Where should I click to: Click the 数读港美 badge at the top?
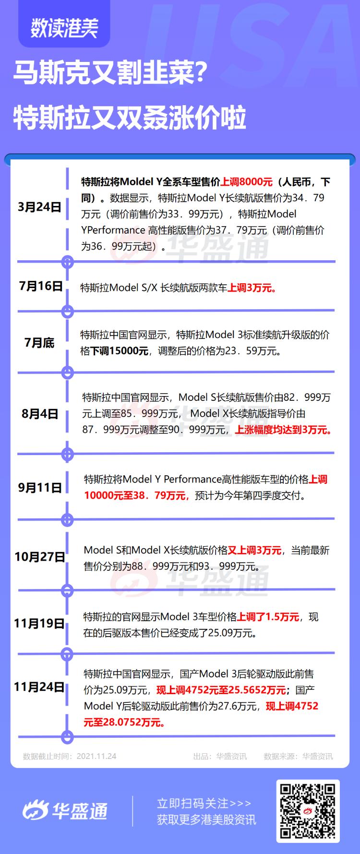64,27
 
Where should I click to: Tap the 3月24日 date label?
39,207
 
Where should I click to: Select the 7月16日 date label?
41,286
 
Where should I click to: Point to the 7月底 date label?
39,343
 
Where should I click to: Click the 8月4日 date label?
40,413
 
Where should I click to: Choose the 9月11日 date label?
40,488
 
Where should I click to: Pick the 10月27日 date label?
40,557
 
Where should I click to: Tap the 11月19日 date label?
39,624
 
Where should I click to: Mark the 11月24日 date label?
39,687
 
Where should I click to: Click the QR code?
308,811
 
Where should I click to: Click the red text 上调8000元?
246,182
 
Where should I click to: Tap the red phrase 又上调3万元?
254,550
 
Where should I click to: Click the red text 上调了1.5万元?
268,617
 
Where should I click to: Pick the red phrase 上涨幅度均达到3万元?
283,430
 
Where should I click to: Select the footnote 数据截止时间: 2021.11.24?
70,756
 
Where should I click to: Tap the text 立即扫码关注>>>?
204,803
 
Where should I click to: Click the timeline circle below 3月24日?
68,262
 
